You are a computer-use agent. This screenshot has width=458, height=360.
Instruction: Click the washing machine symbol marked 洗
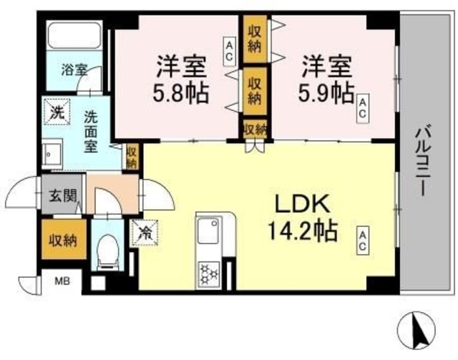point(56,112)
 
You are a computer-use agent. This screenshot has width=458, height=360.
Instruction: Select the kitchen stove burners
point(210,273)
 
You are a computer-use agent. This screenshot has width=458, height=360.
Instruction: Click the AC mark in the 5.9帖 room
point(364,109)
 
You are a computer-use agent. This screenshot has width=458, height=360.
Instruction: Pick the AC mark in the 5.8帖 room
point(230,52)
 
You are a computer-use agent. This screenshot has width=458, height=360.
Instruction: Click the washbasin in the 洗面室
point(51,152)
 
